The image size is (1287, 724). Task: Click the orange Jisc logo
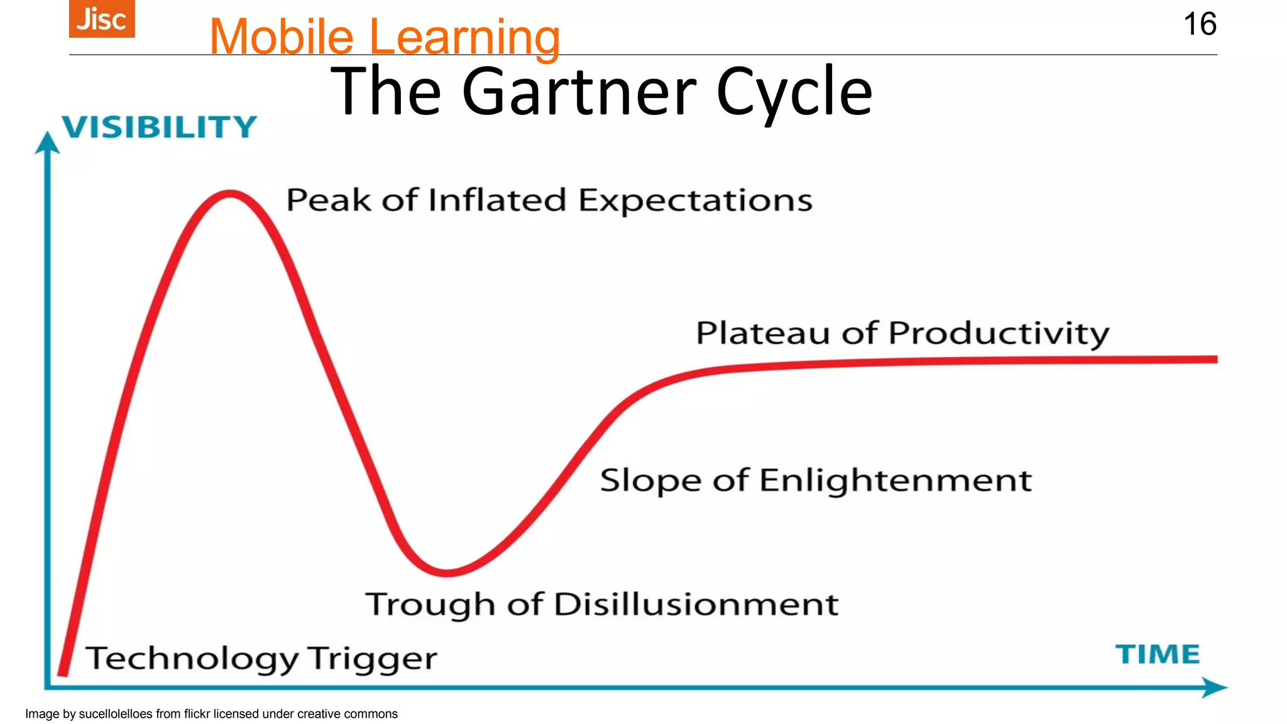click(102, 19)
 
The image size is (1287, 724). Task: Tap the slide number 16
click(1200, 25)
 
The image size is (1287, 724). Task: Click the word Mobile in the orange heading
click(282, 37)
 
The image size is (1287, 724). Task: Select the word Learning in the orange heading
click(464, 38)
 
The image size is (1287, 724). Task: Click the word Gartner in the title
click(579, 92)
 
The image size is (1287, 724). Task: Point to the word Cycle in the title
click(794, 93)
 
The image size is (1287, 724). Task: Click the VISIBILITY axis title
click(159, 127)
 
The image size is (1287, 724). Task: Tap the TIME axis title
click(1158, 654)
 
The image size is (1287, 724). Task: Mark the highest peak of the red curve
click(231, 194)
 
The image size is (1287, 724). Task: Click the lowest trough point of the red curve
click(447, 572)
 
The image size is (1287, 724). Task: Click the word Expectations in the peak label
click(695, 201)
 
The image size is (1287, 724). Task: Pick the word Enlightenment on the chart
click(895, 481)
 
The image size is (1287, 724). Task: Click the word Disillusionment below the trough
click(696, 605)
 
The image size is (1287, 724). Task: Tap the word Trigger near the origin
click(372, 659)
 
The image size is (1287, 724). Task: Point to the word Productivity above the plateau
click(999, 333)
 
